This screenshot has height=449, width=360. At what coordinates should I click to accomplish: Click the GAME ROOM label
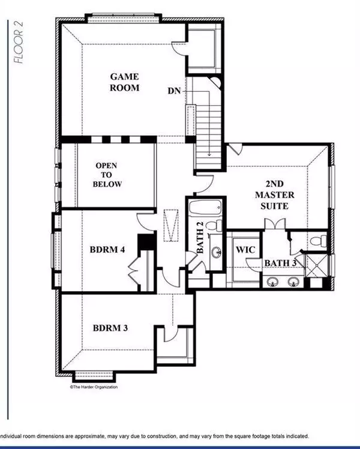pos(124,82)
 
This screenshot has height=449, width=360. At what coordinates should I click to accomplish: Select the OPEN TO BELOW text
pos(108,175)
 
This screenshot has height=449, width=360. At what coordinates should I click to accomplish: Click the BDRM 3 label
pos(110,328)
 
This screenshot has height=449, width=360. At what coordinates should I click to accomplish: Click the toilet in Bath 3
pos(319,242)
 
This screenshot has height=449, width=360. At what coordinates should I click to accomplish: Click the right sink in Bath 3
pos(293,281)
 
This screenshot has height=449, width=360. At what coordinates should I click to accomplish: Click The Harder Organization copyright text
pos(94,387)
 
